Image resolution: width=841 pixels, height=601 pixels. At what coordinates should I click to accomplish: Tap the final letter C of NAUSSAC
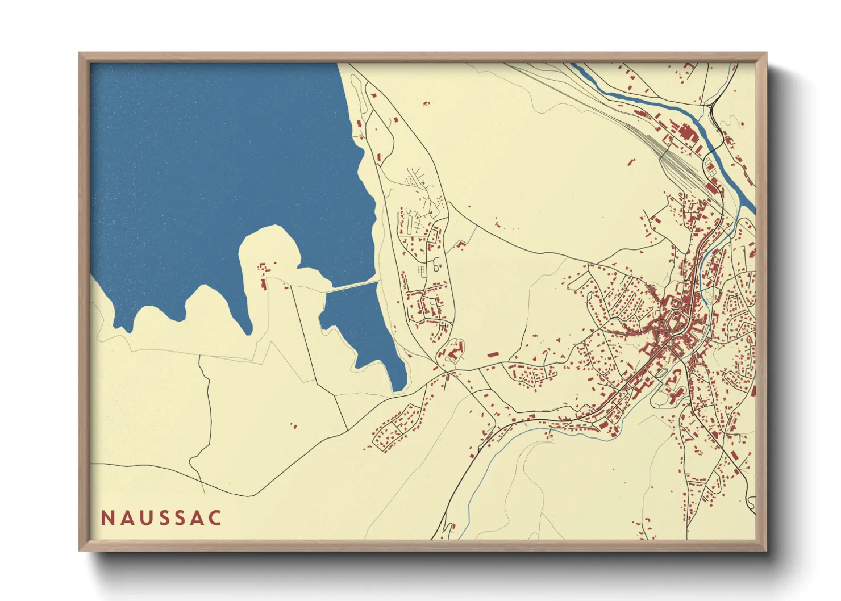215,518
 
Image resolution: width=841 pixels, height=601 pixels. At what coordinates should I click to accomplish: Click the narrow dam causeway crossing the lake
352,286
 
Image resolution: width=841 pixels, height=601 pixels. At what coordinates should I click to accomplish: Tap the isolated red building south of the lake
294,425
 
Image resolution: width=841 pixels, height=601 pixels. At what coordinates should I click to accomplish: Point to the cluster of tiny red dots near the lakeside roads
410,180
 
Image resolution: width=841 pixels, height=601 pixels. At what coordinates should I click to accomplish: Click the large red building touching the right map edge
753,390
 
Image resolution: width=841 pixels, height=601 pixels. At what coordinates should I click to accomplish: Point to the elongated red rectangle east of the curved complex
493,354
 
